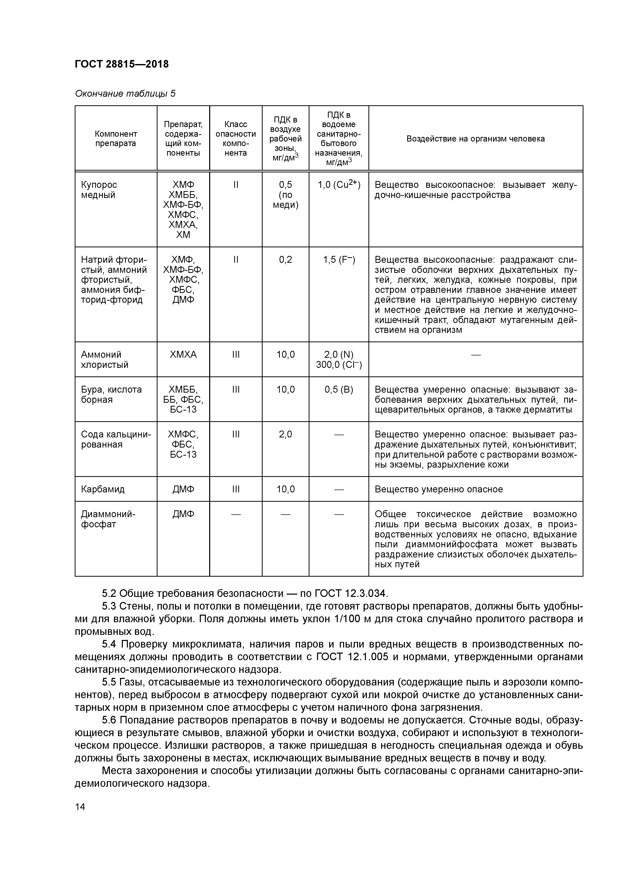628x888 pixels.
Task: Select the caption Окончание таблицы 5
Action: coord(125,94)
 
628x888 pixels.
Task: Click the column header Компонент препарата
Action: coord(116,138)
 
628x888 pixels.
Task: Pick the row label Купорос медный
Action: coord(99,190)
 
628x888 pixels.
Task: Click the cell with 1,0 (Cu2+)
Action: coord(339,185)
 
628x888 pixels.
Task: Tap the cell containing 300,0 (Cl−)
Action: coord(339,365)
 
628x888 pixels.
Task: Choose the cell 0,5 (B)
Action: coord(339,390)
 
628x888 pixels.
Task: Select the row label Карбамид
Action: coord(103,489)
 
